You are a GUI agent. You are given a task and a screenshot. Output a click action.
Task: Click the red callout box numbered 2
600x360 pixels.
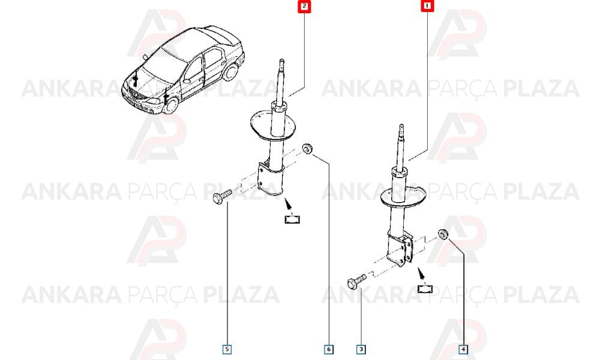tap(304, 6)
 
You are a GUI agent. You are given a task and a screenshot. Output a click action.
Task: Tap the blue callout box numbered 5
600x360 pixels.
tap(227, 349)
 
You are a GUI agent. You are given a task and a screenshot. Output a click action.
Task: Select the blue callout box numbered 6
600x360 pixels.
tap(329, 349)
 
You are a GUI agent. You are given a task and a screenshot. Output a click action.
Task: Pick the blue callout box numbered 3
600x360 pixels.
tap(361, 349)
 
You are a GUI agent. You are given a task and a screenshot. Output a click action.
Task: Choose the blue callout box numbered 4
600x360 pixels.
tap(463, 349)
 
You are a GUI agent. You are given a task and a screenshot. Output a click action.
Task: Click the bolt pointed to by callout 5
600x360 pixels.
tap(222, 196)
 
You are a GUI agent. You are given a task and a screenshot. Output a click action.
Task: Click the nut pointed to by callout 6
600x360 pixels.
tap(307, 148)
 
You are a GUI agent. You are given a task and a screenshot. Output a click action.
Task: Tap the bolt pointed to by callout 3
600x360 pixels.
tap(356, 281)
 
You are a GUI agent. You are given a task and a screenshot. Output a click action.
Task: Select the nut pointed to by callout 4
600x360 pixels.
tap(443, 233)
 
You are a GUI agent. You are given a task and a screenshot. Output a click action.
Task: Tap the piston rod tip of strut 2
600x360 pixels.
tap(281, 61)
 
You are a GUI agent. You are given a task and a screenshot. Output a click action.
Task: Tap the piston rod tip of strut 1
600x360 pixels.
tap(401, 126)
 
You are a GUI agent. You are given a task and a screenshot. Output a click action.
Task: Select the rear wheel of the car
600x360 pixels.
tap(230, 73)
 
